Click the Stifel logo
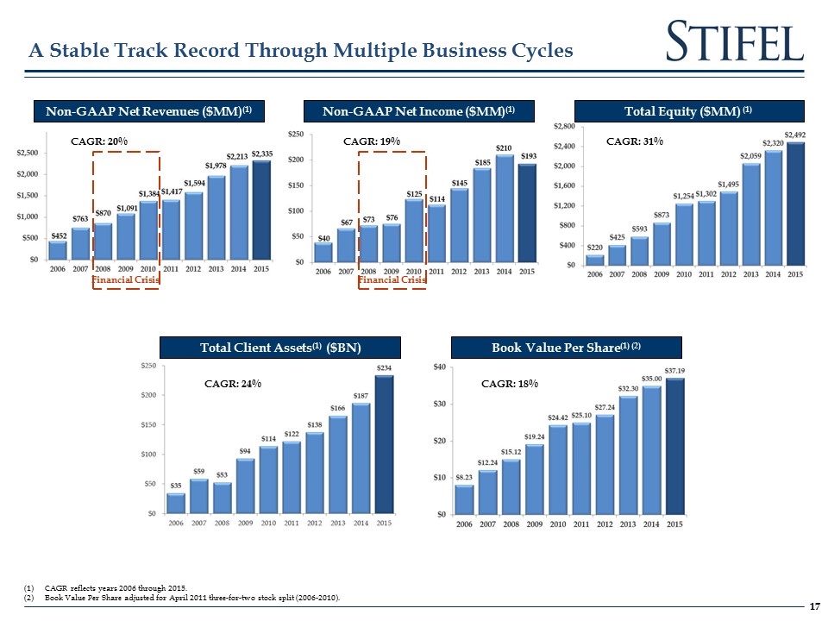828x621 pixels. coord(736,41)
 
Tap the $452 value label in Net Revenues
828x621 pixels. coord(58,235)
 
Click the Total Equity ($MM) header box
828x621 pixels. coord(688,111)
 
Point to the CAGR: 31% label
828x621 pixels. coord(635,141)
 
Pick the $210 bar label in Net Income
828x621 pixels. coord(505,148)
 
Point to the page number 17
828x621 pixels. coord(812,607)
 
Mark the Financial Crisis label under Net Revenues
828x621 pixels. coord(126,279)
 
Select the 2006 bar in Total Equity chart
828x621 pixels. coord(595,260)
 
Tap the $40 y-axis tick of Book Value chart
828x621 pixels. coord(440,367)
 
